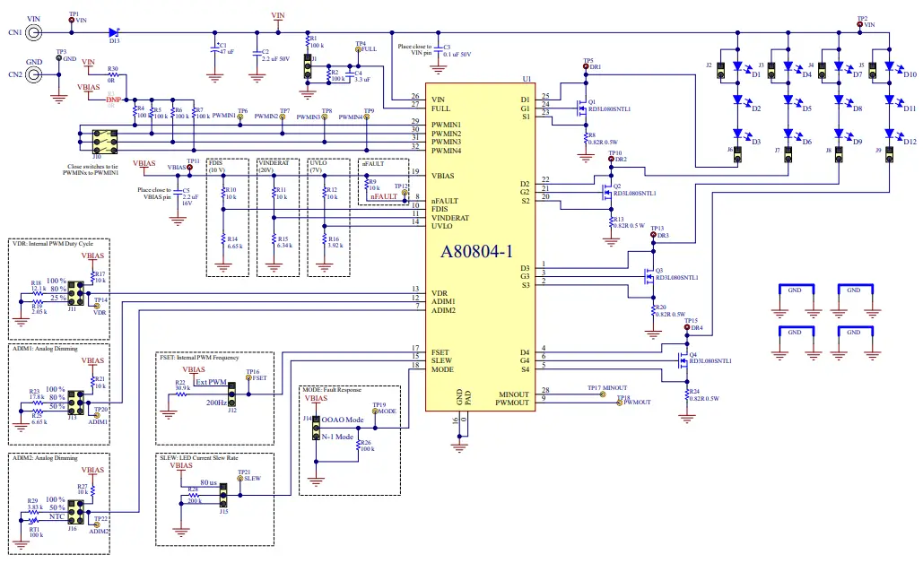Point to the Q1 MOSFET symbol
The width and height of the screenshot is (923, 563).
pos(582,106)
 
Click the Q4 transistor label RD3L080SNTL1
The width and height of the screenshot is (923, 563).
pos(710,360)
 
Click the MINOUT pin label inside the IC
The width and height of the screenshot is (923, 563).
pos(514,394)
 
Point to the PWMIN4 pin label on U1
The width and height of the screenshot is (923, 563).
pos(446,151)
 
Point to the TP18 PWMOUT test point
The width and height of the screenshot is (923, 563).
pos(618,403)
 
